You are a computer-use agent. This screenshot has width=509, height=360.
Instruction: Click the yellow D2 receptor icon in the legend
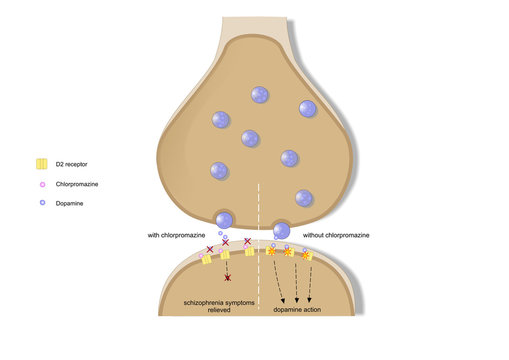(x=42, y=164)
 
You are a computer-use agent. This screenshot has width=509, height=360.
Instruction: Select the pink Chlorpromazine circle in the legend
(x=42, y=184)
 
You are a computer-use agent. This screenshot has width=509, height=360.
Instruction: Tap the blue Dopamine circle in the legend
(x=42, y=203)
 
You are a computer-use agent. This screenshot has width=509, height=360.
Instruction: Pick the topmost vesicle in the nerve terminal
(x=259, y=95)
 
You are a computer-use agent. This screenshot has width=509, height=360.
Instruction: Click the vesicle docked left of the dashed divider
(x=225, y=220)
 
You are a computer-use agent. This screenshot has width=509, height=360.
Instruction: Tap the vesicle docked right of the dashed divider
(x=282, y=230)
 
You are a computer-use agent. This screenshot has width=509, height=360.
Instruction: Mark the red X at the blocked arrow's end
(x=228, y=277)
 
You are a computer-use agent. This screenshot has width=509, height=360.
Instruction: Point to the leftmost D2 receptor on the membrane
(x=206, y=259)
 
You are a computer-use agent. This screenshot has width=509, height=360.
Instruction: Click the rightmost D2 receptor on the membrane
(x=308, y=256)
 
